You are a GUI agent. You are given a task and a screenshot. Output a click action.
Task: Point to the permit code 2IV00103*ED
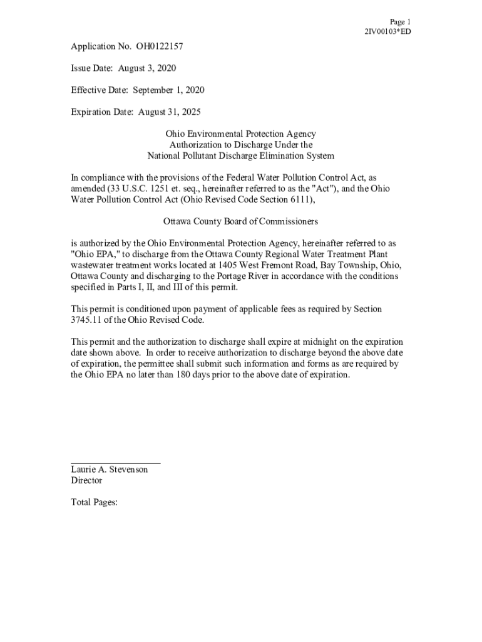(387, 31)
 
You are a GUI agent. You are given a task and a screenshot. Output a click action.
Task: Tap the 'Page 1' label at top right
(400, 21)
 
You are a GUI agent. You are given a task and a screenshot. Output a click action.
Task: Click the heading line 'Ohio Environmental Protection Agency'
(240, 134)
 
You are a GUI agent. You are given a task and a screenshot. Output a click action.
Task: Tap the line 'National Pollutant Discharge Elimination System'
(240, 155)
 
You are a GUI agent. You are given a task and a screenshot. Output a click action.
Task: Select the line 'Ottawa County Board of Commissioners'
(240, 221)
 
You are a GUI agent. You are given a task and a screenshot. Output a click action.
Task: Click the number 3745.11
(88, 320)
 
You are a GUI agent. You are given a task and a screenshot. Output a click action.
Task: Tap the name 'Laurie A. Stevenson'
(110, 469)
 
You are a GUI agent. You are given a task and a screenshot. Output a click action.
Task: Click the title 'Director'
(86, 480)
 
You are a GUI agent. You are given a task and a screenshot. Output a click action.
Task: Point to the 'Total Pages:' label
(95, 502)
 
